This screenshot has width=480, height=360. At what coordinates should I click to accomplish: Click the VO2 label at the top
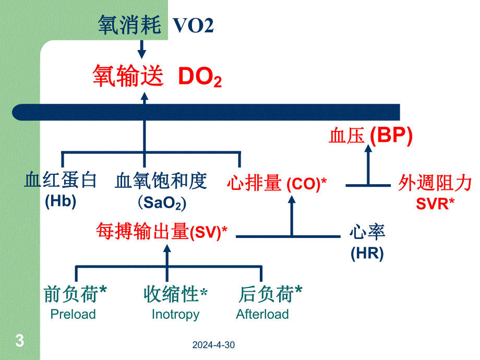tap(193, 26)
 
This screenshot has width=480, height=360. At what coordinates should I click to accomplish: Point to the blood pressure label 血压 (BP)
tap(370, 136)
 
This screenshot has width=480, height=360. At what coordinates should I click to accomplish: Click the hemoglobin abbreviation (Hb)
tap(61, 201)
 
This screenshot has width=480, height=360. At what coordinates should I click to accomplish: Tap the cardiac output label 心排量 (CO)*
tap(277, 183)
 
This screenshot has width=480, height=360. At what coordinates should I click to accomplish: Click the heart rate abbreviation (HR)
tap(367, 254)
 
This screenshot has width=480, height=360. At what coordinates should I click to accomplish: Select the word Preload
tap(73, 314)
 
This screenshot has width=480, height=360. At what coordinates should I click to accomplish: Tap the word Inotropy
tap(175, 314)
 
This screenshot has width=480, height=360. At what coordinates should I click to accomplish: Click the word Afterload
tap(262, 314)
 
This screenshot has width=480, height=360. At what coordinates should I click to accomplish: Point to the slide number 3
tap(20, 342)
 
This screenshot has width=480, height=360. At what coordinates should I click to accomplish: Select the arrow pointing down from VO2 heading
tap(141, 50)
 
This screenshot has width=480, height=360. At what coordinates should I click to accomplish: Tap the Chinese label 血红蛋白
tap(61, 181)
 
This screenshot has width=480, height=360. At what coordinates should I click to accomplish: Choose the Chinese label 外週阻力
tap(435, 183)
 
